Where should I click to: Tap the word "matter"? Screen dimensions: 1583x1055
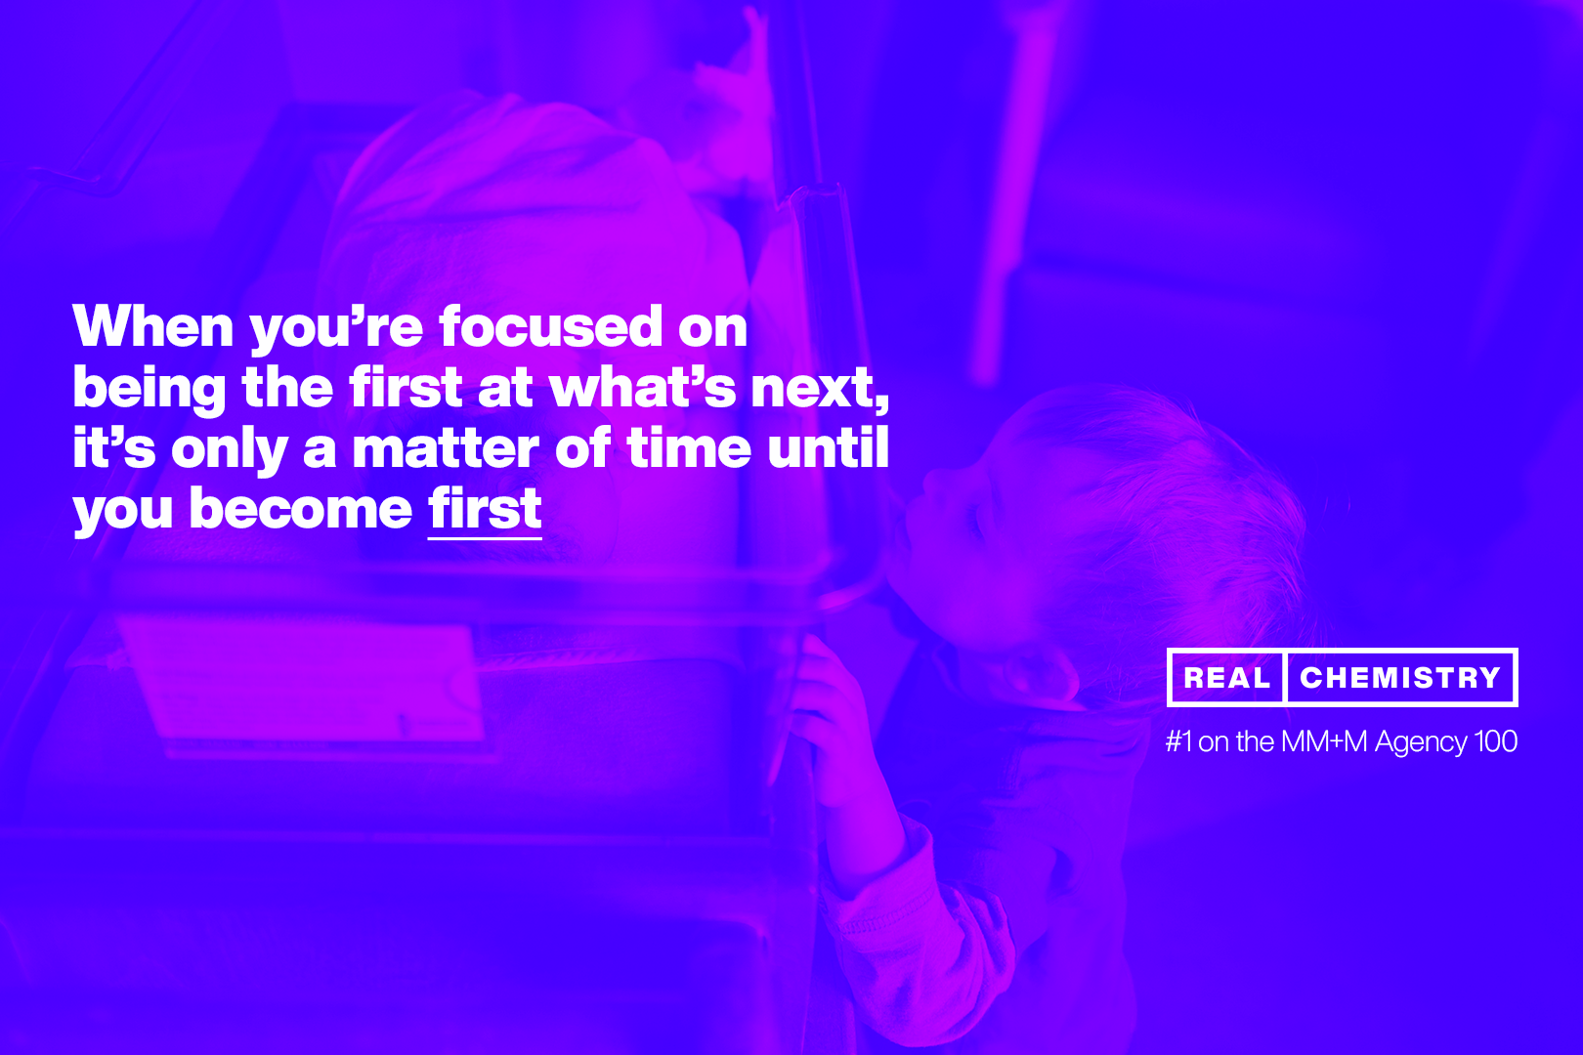click(446, 448)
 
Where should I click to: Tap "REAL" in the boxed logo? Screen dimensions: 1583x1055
click(1227, 678)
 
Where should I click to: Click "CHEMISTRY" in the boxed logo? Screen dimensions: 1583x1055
click(1400, 678)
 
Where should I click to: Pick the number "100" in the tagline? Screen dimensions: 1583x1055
click(1495, 741)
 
